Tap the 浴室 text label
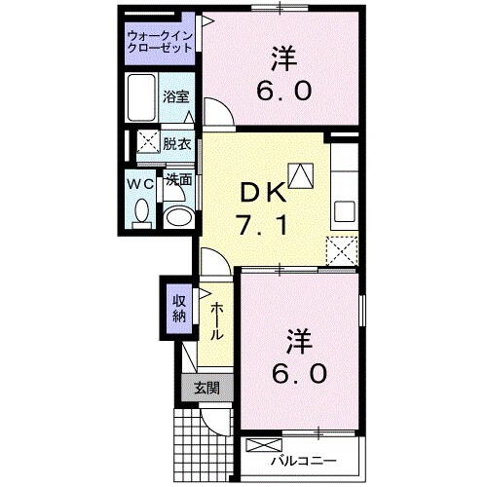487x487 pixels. (176, 97)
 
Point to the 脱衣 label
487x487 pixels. (176, 142)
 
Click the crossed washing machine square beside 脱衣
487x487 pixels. (146, 142)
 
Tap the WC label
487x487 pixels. (139, 181)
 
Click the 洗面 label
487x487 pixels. (176, 179)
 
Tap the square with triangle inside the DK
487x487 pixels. (302, 175)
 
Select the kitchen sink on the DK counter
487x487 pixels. (344, 210)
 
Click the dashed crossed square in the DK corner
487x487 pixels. (341, 250)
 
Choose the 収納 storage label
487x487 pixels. (180, 307)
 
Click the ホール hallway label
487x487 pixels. (217, 318)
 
